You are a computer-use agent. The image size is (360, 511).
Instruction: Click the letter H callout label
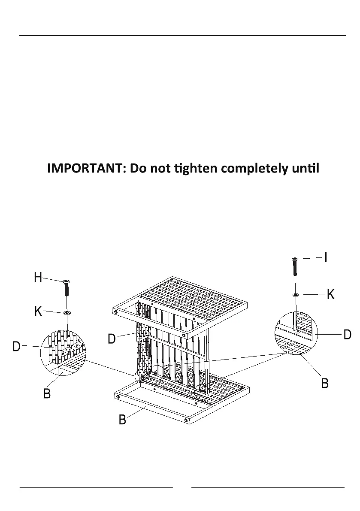pyautogui.click(x=38, y=278)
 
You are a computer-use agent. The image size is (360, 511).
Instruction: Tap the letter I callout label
pyautogui.click(x=326, y=257)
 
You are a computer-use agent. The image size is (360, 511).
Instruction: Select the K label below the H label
pyautogui.click(x=38, y=311)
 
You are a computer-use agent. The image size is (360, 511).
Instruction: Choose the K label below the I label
pyautogui.click(x=330, y=294)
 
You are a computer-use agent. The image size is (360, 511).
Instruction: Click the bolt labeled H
pyautogui.click(x=67, y=287)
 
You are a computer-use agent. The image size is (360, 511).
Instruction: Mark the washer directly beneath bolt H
pyautogui.click(x=67, y=313)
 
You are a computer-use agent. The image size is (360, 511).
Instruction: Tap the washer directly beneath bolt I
pyautogui.click(x=295, y=295)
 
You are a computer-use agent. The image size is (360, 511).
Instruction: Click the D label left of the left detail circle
pyautogui.click(x=16, y=347)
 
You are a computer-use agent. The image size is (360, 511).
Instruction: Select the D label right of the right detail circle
pyautogui.click(x=348, y=334)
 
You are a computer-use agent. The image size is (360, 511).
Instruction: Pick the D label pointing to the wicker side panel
pyautogui.click(x=112, y=339)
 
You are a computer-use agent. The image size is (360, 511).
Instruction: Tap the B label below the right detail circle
pyautogui.click(x=325, y=383)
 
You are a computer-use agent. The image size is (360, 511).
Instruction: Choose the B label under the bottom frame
pyautogui.click(x=122, y=420)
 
